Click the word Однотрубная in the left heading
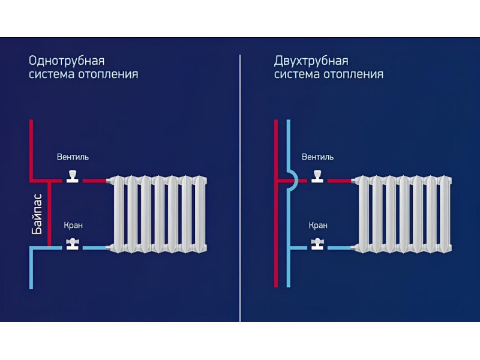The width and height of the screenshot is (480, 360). coord(67,61)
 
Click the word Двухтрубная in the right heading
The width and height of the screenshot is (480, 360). coord(311,61)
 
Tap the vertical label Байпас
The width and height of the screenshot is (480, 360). coord(37,214)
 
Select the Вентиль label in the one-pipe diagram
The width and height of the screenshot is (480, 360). coord(73,157)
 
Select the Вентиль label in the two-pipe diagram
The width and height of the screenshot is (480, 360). coord(318,157)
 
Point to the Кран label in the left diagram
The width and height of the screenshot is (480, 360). coord(73,226)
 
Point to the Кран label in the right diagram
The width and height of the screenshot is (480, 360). coord(318,226)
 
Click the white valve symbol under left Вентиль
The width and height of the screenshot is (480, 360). coord(73,177)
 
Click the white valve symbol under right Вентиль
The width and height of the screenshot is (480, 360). coord(317,177)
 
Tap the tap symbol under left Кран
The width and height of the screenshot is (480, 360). coord(73,244)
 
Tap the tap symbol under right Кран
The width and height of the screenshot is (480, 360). coord(317,244)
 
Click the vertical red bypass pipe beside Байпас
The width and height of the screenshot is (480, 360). coord(49,214)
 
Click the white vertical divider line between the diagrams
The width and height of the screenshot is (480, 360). coord(240,188)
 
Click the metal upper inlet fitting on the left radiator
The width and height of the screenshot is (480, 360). coord(108,181)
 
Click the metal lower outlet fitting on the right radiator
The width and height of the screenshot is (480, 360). coord(353,248)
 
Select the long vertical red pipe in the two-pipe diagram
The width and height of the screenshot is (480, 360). coord(276,203)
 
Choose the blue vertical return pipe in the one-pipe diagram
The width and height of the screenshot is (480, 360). coord(31,268)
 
